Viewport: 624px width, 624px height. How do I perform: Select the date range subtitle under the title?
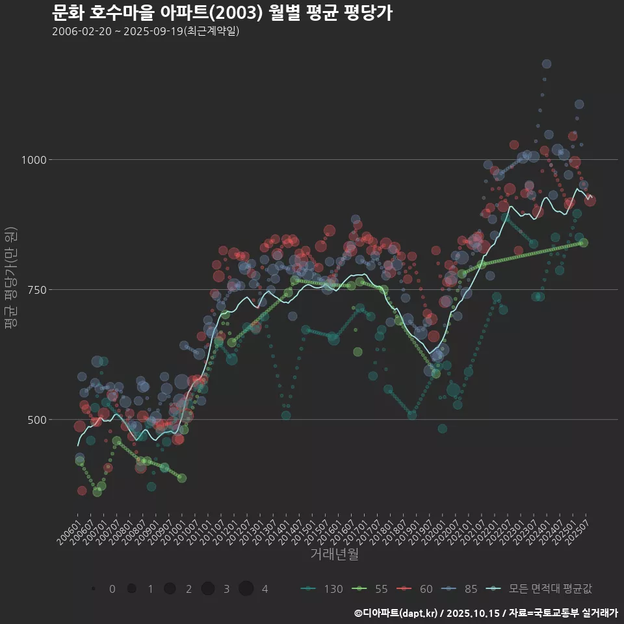146,31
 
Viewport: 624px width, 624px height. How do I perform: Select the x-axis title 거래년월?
334,554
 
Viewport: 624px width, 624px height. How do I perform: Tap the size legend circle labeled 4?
246,589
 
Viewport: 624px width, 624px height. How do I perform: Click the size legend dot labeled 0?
94,589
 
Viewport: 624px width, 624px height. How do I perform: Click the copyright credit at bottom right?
486,613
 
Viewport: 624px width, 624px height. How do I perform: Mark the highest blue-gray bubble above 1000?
547,64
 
